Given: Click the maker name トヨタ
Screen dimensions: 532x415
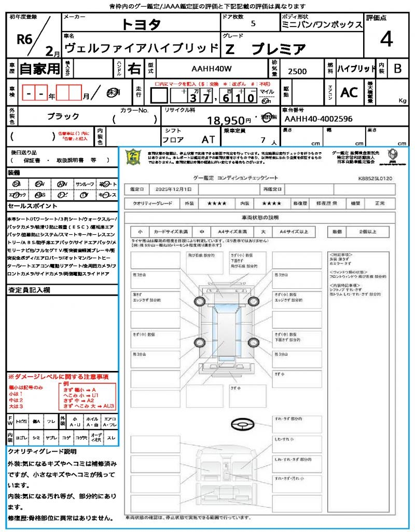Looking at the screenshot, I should click(141, 24).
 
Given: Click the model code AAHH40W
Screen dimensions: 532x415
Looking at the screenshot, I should click(212, 69).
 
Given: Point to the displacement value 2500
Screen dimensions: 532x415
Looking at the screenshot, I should click(297, 72).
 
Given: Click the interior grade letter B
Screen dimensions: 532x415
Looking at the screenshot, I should click(397, 68).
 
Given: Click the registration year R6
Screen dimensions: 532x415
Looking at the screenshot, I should click(25, 39).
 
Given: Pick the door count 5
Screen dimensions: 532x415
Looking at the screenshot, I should click(253, 23).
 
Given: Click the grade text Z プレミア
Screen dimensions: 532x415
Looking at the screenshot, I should click(266, 49).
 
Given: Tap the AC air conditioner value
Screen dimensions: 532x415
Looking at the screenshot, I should click(349, 92).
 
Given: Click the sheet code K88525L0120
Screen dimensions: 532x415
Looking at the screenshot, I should click(375, 178).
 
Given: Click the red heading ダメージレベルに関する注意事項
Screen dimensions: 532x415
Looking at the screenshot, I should click(58, 376).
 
